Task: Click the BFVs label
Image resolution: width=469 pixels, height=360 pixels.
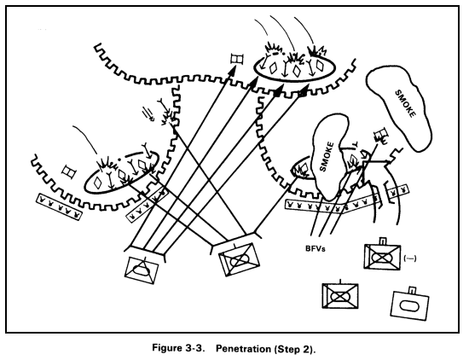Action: tap(315, 249)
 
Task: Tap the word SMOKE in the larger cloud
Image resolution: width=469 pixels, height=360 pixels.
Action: tap(406, 104)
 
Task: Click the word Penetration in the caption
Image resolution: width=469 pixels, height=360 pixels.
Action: tap(242, 349)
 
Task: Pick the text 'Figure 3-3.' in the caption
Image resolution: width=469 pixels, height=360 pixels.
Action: tap(178, 348)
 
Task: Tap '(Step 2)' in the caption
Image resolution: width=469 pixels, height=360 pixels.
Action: tap(293, 349)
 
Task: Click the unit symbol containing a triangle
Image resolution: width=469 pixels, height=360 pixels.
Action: tap(142, 270)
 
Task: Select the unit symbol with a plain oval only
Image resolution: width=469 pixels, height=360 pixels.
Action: tap(410, 305)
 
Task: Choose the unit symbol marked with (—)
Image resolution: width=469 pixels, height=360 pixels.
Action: tap(382, 257)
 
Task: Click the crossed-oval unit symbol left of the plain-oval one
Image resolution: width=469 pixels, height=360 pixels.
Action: tap(340, 296)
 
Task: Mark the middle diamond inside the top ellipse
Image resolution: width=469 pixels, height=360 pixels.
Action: tap(296, 70)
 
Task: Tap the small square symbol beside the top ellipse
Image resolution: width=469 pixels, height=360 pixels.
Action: tap(237, 59)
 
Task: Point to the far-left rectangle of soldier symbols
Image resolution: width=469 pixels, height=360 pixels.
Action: tap(59, 206)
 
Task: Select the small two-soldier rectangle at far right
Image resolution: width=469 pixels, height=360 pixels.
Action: tap(397, 189)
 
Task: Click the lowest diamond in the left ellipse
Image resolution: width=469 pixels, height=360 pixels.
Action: tap(97, 183)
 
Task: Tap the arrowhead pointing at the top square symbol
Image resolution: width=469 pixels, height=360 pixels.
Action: tap(232, 70)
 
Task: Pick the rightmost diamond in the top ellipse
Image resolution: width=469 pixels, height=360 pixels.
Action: tap(320, 67)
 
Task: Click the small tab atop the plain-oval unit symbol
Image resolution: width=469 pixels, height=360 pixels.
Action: tap(413, 290)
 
